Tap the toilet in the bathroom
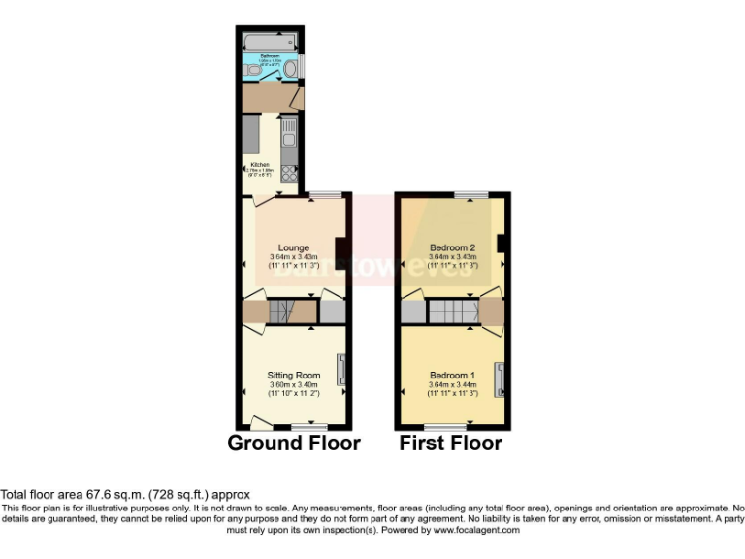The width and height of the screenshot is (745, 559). point(253,71)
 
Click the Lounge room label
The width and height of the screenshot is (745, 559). point(293,247)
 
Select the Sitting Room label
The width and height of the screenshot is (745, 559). point(293,375)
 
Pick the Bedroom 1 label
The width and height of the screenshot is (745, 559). point(452,375)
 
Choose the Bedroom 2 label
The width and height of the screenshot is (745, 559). point(451,247)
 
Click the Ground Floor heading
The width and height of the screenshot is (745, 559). point(293,444)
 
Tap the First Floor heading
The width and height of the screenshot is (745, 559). point(451,444)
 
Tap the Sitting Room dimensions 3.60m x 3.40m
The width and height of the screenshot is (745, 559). point(293,385)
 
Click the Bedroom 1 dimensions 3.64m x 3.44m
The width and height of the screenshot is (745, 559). point(452,385)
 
